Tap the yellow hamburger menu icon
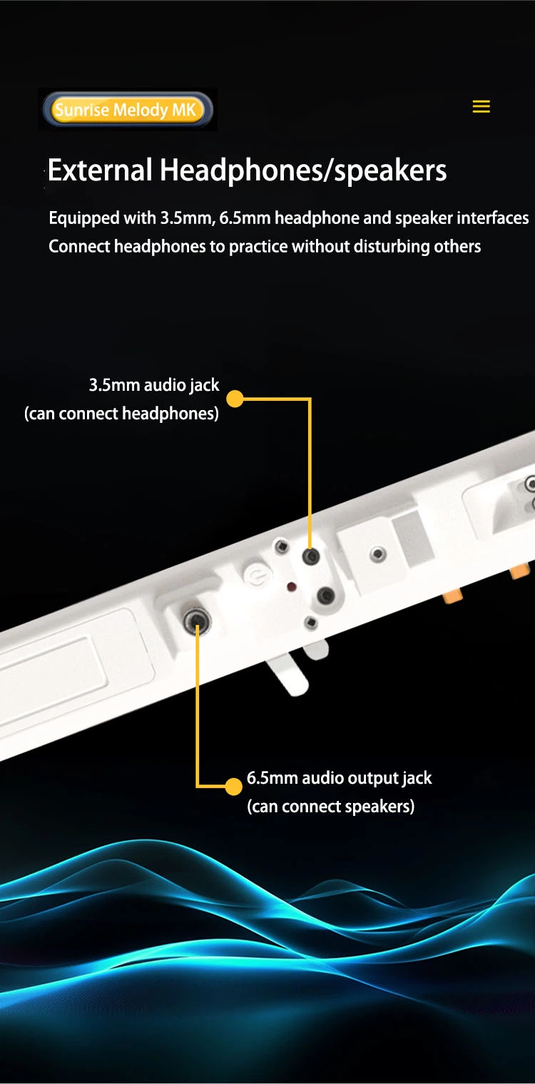(x=481, y=106)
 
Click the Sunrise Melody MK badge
(x=128, y=109)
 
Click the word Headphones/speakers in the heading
(x=304, y=171)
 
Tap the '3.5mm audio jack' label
(x=154, y=385)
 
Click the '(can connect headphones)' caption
(x=121, y=414)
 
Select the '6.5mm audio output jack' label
(x=339, y=778)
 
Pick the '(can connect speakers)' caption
(x=331, y=807)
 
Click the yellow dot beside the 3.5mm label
(x=235, y=399)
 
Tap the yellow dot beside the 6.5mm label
(x=234, y=787)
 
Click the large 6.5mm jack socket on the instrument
(x=197, y=620)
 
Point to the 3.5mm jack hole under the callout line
(x=311, y=556)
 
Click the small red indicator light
(x=292, y=587)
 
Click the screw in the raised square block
(x=377, y=553)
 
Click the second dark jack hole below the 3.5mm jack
(x=325, y=595)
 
